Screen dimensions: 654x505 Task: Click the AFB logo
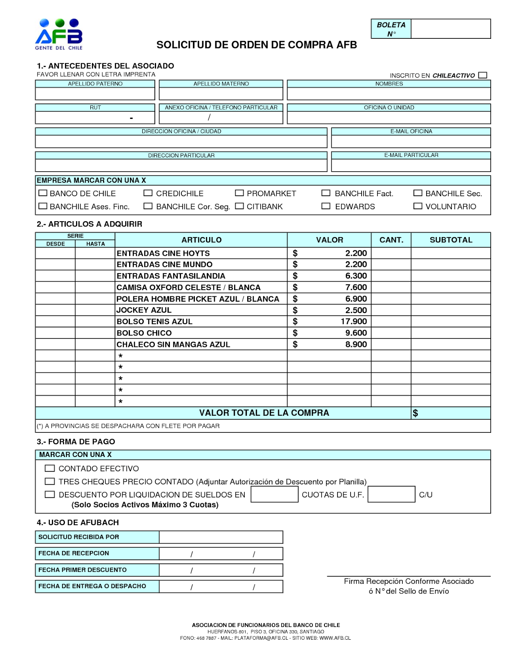tap(59, 34)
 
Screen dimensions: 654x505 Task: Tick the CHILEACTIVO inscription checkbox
tap(483, 75)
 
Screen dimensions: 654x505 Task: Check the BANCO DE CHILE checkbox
tap(43, 193)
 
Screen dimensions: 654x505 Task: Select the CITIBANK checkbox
tap(239, 206)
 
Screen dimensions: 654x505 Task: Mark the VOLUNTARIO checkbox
tap(418, 206)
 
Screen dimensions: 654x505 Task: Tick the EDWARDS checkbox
tap(326, 206)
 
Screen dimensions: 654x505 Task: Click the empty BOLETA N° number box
tap(450, 29)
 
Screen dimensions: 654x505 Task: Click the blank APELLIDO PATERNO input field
tap(95, 94)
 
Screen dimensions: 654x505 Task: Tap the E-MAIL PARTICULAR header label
tap(411, 155)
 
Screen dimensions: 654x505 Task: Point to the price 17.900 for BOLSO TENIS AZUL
tap(353, 322)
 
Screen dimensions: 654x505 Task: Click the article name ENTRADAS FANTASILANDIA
tap(171, 276)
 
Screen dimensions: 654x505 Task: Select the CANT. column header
tap(391, 240)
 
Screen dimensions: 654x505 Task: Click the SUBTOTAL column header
tap(451, 240)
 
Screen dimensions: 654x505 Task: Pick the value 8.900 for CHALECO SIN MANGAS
tap(356, 345)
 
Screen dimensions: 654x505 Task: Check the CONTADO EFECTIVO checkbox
tap(49, 468)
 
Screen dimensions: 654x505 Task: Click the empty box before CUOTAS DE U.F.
tap(274, 495)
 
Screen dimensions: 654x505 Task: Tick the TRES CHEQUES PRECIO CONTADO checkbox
tap(49, 482)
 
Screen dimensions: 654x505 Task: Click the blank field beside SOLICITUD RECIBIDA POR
tap(221, 537)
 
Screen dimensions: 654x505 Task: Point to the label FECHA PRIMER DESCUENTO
tap(83, 570)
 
